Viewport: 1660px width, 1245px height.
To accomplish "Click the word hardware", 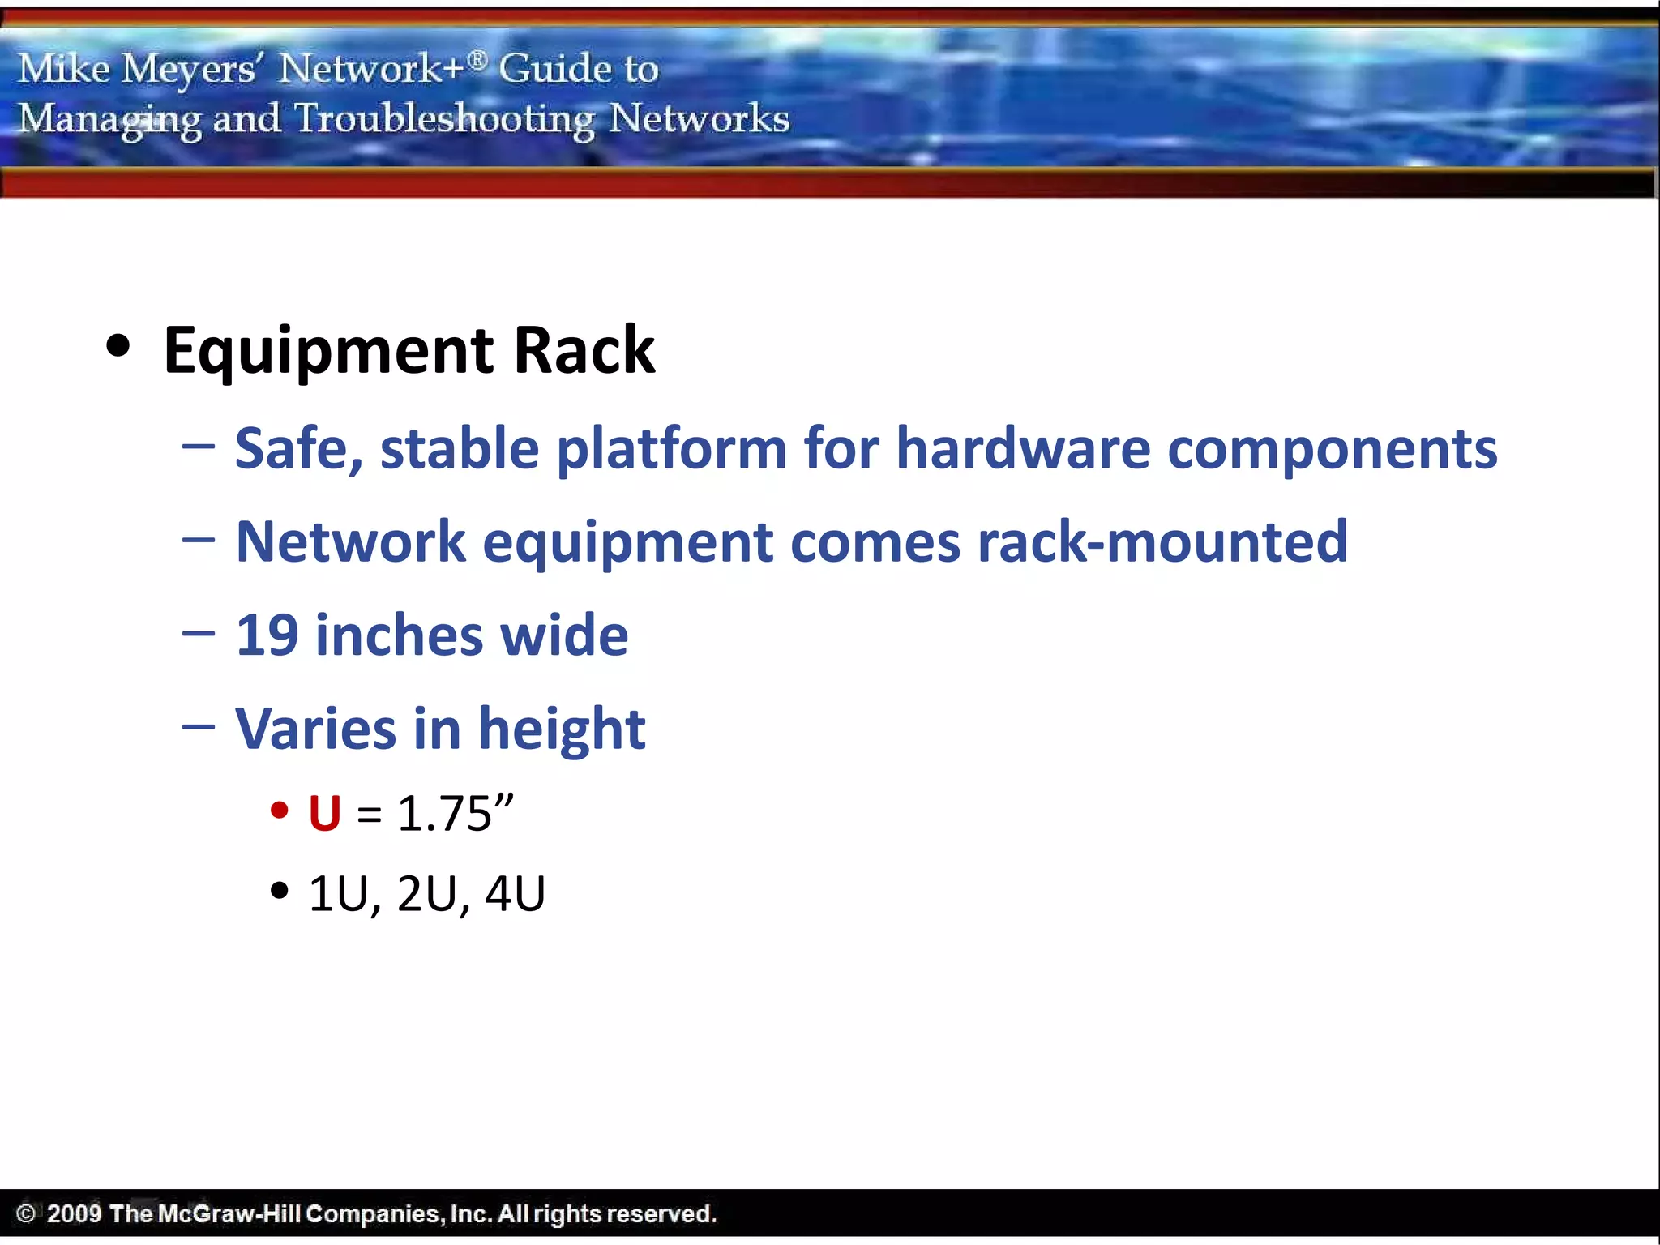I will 1023,448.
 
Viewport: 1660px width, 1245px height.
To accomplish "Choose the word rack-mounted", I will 1162,541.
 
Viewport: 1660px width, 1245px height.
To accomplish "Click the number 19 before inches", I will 267,635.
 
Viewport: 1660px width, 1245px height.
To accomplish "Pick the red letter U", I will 324,813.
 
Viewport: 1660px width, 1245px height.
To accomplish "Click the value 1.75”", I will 456,813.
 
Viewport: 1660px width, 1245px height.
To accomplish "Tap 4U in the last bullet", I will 515,894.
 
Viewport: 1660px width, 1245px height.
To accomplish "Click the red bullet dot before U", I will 280,811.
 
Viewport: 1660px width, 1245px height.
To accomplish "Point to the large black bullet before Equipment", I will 118,346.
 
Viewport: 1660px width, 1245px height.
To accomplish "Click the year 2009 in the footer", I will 74,1213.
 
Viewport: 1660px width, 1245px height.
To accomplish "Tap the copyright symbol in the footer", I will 26,1213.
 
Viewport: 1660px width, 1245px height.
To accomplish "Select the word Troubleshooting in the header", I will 444,119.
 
